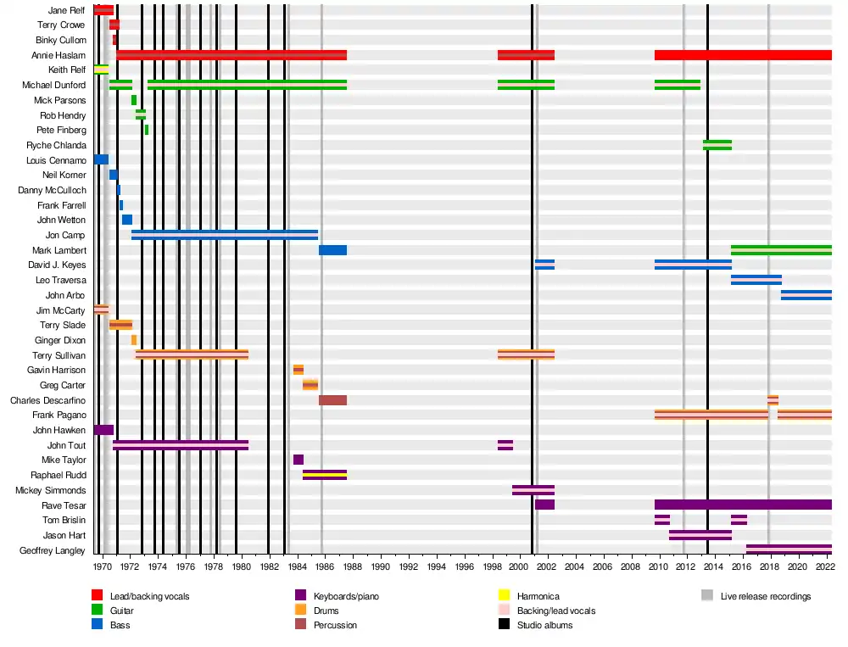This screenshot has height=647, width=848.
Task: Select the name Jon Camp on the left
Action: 65,235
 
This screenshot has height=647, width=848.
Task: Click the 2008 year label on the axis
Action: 630,566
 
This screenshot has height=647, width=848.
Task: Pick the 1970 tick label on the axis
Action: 102,566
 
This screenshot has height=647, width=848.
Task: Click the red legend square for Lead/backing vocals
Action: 98,596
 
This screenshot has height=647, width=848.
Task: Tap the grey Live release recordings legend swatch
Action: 707,596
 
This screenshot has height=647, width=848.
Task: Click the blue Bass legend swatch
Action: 98,625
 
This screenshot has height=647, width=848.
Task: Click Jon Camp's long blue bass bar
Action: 225,235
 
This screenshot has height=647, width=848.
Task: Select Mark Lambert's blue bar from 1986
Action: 332,250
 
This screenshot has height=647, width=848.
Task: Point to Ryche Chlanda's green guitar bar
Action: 717,145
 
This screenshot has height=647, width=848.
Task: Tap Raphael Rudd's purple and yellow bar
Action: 325,475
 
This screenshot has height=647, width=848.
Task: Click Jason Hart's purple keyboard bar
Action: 700,535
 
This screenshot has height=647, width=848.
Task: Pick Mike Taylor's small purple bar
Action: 298,460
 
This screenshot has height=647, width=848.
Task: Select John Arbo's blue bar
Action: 806,295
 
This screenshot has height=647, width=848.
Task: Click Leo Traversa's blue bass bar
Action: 756,280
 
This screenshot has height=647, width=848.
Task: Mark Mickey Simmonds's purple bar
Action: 533,490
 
